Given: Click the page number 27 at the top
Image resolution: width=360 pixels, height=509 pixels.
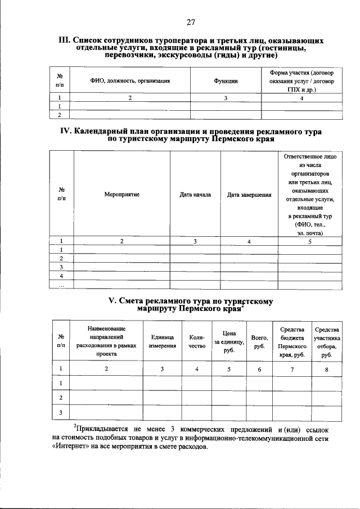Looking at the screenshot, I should coord(190,22).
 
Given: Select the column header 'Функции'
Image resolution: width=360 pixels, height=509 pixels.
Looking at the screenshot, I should coord(226,82).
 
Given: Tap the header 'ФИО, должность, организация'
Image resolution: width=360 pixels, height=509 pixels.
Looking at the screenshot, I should coord(130,82).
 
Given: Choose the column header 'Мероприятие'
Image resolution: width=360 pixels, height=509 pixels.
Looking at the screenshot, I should coord(121,195).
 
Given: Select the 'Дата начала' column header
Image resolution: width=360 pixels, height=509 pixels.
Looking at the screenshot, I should coord(195,195).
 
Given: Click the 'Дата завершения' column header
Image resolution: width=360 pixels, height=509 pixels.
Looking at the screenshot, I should coord(249,195).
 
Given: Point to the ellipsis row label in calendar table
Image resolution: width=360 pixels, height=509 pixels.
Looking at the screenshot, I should coord(61,286).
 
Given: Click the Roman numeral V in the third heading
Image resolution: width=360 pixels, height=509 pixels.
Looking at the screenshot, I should coord(111,301).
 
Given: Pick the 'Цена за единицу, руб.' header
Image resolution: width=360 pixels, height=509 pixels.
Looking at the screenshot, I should coord(228,341).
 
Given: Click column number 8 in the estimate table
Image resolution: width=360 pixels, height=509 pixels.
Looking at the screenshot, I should coord(326,369).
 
